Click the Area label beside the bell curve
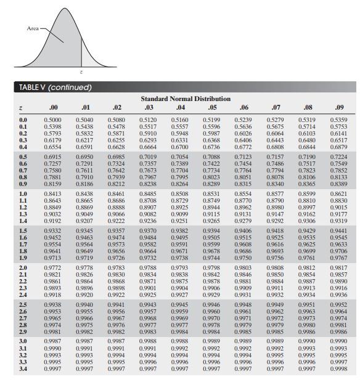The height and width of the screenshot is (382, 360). click(x=32, y=28)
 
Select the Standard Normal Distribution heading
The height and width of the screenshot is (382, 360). click(x=186, y=99)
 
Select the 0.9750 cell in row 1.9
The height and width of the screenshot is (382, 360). click(x=244, y=259)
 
